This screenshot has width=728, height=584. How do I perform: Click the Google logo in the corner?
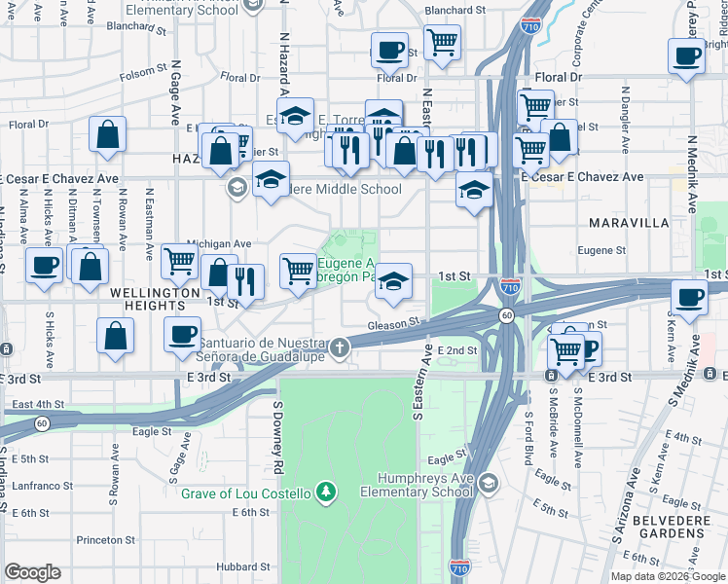(x=32, y=572)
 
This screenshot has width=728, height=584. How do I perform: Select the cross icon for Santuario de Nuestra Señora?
(x=339, y=347)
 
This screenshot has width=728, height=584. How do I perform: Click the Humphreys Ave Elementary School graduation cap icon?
(x=489, y=484)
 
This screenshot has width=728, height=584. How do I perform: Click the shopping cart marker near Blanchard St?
(x=443, y=43)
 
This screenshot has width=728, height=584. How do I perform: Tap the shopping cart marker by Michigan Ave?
(x=179, y=260)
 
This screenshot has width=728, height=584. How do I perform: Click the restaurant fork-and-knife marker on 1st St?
(x=246, y=282)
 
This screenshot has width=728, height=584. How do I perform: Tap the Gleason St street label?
(x=394, y=324)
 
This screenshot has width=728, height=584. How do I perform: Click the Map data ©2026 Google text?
(x=667, y=576)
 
